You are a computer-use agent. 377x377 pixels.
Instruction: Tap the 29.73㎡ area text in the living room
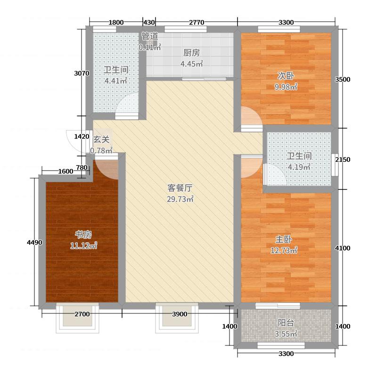click(180, 199)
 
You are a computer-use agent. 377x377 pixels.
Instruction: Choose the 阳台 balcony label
click(286, 323)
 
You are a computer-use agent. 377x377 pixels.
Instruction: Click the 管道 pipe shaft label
click(150, 36)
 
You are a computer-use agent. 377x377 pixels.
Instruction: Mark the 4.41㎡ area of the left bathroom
click(116, 81)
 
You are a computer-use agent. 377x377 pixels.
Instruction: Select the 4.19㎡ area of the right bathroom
click(299, 167)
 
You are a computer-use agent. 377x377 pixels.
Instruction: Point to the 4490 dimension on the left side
click(35, 243)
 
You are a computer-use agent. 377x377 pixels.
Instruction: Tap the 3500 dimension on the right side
click(342, 80)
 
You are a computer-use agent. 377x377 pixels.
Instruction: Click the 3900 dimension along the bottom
click(179, 314)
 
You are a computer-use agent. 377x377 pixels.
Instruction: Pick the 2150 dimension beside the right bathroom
click(342, 160)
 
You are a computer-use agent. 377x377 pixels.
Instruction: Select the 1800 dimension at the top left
click(116, 22)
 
